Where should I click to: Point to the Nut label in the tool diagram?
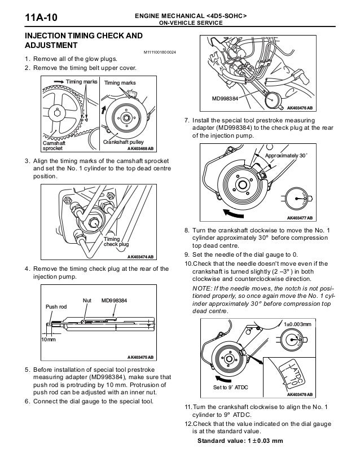[87, 300]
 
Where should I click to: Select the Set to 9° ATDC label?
[230, 388]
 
